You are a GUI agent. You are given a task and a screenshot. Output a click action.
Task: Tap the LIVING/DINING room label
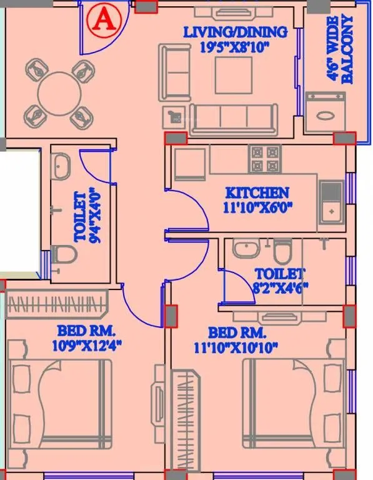pos(235,31)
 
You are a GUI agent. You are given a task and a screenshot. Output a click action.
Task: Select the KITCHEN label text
pos(257,192)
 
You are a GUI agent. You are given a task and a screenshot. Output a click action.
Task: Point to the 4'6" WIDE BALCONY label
pos(341,49)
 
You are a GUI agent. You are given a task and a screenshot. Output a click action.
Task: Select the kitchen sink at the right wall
pos(331,202)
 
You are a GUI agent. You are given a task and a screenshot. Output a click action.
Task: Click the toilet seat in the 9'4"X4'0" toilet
pos(63,255)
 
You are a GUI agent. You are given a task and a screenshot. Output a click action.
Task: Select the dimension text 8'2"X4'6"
pos(279,288)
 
